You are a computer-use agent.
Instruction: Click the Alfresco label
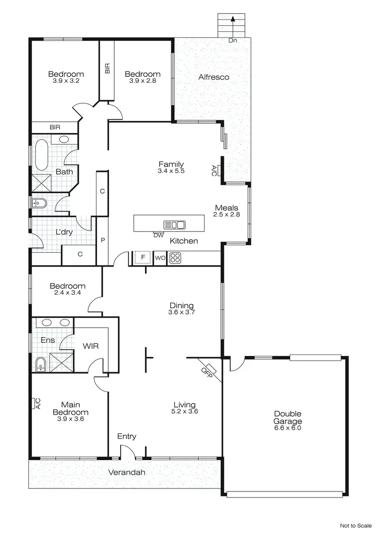click(214, 77)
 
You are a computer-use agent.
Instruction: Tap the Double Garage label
click(288, 418)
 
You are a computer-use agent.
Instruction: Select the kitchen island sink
click(174, 225)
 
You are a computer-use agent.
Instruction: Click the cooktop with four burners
click(175, 258)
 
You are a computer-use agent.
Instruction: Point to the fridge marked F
click(143, 258)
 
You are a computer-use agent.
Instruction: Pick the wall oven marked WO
click(160, 258)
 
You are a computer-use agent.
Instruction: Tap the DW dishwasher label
click(158, 235)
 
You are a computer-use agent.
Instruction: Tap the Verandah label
click(126, 473)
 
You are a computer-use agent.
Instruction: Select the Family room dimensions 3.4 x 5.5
click(171, 171)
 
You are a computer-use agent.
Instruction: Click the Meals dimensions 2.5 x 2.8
click(226, 215)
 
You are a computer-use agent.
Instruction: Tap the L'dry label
click(64, 233)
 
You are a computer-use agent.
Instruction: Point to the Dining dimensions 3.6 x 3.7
click(181, 312)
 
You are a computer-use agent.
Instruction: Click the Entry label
click(126, 436)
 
